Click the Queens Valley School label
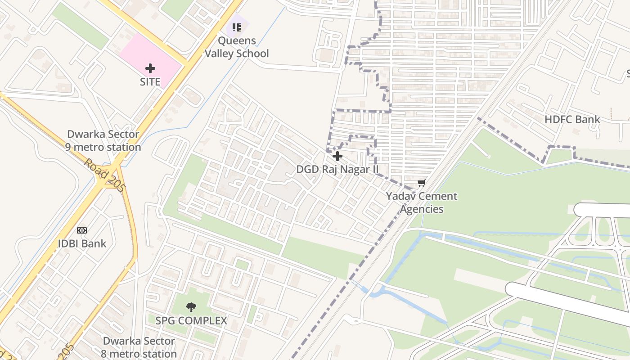[x=237, y=47]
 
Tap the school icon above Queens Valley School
[x=237, y=27]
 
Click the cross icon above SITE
[x=150, y=68]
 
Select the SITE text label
[x=150, y=82]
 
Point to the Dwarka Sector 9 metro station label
[x=103, y=141]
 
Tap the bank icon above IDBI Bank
[x=81, y=230]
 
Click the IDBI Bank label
[x=82, y=244]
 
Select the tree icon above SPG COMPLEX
[x=191, y=307]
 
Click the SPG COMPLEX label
[x=191, y=321]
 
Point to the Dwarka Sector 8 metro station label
[x=139, y=347]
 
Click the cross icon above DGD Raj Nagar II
[x=337, y=156]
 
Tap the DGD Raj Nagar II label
[x=337, y=170]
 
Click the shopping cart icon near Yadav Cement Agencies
[x=422, y=183]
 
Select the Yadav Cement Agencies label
[x=422, y=202]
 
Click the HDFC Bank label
[x=572, y=119]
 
